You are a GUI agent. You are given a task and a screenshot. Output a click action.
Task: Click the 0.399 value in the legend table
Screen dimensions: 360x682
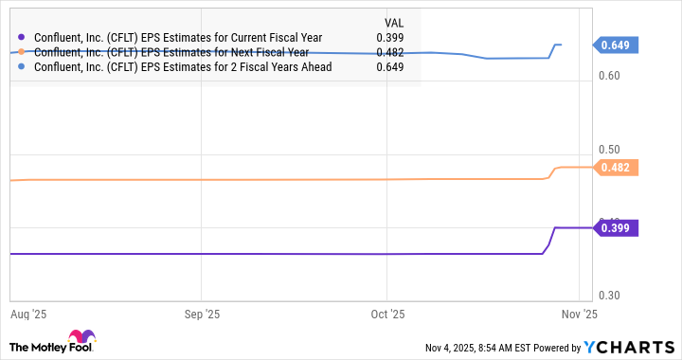click(389, 38)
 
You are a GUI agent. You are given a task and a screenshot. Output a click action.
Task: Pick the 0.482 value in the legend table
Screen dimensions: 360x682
click(389, 52)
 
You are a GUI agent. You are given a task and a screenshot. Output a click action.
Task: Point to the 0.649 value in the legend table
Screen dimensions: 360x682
click(389, 67)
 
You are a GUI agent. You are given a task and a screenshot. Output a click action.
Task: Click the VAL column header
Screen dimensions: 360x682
click(393, 21)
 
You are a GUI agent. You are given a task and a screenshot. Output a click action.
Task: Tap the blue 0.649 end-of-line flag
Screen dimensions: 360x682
click(617, 45)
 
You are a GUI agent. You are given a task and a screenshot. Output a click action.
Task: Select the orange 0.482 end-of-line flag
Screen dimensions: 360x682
click(617, 168)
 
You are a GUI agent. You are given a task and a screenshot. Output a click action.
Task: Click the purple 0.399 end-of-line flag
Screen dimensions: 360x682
click(617, 227)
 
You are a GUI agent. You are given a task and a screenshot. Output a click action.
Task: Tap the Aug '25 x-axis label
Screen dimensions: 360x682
click(28, 312)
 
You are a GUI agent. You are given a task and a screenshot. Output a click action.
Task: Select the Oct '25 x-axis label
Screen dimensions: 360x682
click(387, 312)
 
